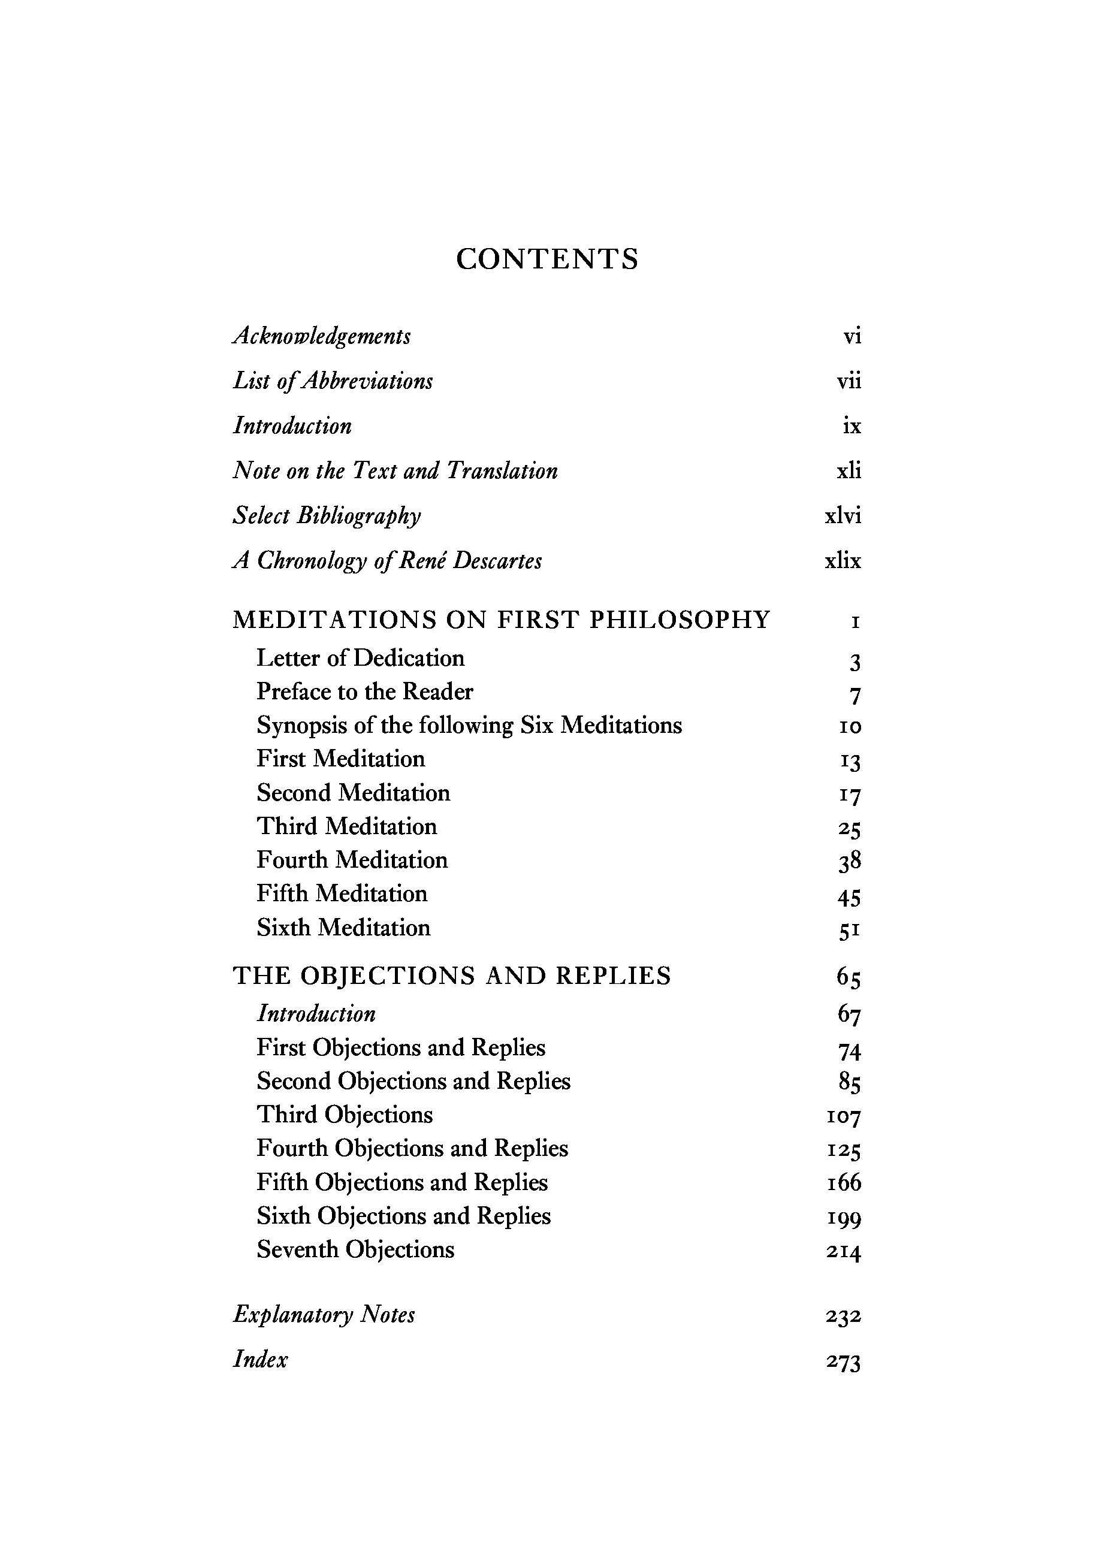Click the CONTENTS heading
click(x=547, y=259)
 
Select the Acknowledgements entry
click(x=322, y=336)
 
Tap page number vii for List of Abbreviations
click(x=849, y=381)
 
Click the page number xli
click(x=849, y=471)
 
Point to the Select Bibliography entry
click(x=327, y=516)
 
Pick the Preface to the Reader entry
click(x=364, y=692)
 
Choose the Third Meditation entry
click(x=347, y=826)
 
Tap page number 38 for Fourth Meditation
click(x=849, y=862)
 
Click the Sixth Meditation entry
click(x=343, y=928)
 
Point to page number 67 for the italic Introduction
click(x=849, y=1015)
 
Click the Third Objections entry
click(x=345, y=1115)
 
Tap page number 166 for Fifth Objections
click(x=844, y=1183)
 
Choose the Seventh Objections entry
click(x=355, y=1249)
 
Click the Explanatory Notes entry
click(x=324, y=1315)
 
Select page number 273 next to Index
click(x=843, y=1361)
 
